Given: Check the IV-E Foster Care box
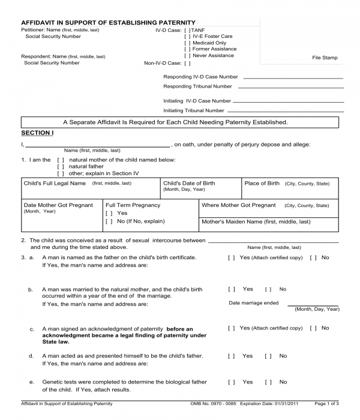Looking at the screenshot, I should click(187, 36).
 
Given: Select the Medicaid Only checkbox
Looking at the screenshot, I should click(187, 43).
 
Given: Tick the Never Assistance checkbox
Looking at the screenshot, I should click(187, 56).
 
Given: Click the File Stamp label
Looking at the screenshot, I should click(325, 58).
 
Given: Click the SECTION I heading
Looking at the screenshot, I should click(37, 133).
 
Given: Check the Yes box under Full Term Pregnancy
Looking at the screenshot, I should click(109, 214).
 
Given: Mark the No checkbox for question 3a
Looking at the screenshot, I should click(313, 257).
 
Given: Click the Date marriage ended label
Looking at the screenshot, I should click(253, 303).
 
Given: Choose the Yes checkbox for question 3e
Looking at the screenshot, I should click(232, 382).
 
